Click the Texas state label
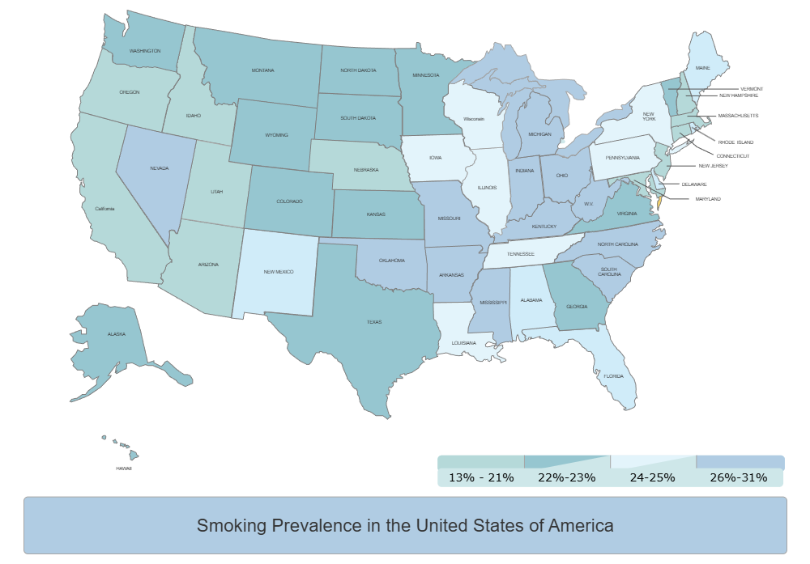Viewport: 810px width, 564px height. pyautogui.click(x=373, y=322)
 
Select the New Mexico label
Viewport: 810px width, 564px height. pyautogui.click(x=279, y=272)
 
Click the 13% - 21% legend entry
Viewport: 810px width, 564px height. pyautogui.click(x=481, y=477)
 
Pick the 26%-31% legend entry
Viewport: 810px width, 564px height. pyautogui.click(x=738, y=477)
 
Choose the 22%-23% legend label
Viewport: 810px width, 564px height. pyautogui.click(x=567, y=477)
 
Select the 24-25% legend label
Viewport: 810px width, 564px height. pyautogui.click(x=652, y=477)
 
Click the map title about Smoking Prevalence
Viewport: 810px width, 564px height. pyautogui.click(x=405, y=526)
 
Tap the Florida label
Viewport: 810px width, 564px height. pyautogui.click(x=613, y=375)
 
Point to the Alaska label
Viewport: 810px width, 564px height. pyautogui.click(x=117, y=334)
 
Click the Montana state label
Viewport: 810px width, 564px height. pyautogui.click(x=262, y=70)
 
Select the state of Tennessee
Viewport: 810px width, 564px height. pyautogui.click(x=521, y=254)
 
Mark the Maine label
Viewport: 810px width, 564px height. pyautogui.click(x=702, y=68)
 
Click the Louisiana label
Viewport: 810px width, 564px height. pyautogui.click(x=464, y=343)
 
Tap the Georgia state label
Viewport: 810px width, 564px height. pyautogui.click(x=577, y=307)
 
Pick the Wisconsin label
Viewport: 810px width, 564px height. pyautogui.click(x=474, y=119)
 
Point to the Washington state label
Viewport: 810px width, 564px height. pyautogui.click(x=145, y=51)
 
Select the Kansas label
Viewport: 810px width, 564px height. pyautogui.click(x=376, y=214)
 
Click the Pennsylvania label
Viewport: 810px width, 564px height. pyautogui.click(x=623, y=158)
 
